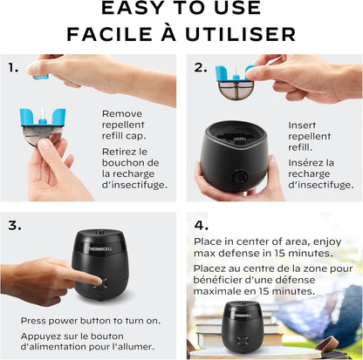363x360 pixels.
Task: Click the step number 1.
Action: pos(13,68)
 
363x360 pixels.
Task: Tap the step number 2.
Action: pos(201,68)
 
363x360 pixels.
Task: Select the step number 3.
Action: pos(15,226)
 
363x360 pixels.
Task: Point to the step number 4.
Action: pos(202,226)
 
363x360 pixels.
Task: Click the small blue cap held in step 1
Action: pos(40,77)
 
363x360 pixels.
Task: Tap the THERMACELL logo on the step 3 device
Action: pos(100,248)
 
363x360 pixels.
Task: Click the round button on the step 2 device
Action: pos(240,176)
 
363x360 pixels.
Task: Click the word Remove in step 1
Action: pos(122,113)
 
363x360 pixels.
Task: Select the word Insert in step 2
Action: pos(302,126)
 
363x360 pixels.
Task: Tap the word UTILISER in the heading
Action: pos(240,34)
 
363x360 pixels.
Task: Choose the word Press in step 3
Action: pos(33,321)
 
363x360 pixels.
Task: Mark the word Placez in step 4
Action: pos(211,268)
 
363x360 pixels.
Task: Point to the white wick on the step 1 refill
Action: pos(43,113)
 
